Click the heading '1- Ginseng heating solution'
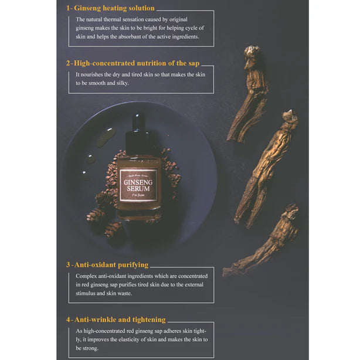[x=110, y=8]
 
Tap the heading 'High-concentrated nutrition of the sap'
[x=137, y=63]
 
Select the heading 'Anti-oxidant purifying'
[x=111, y=265]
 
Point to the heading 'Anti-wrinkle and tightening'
[x=120, y=320]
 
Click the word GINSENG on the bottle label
[x=138, y=182]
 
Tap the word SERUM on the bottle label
[x=138, y=189]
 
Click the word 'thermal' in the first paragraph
[x=112, y=19]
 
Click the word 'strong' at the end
[x=90, y=348]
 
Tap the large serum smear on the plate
[x=104, y=137]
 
